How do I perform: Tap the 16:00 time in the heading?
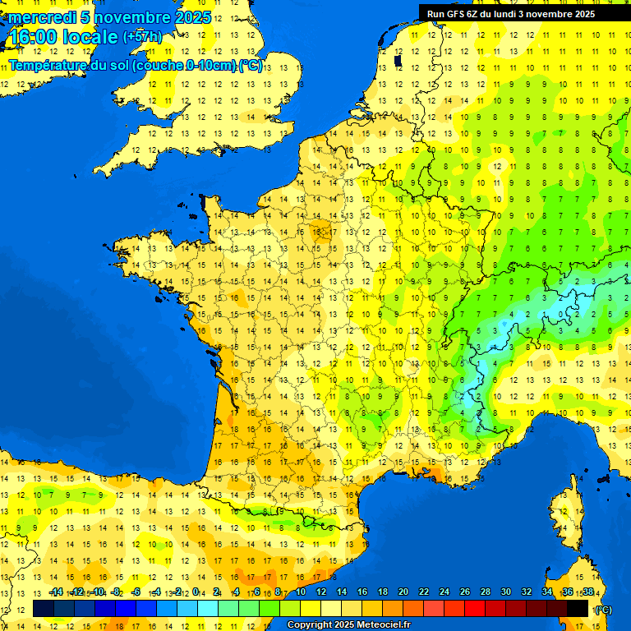(x=32, y=36)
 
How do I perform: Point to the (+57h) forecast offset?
(x=142, y=37)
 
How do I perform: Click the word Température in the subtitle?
(x=50, y=66)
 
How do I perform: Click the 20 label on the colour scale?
(x=403, y=592)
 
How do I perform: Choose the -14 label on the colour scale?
(x=56, y=592)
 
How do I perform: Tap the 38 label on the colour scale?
(x=587, y=592)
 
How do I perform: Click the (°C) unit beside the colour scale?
(x=603, y=609)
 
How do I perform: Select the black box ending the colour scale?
(x=578, y=609)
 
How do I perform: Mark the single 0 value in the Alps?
(x=561, y=314)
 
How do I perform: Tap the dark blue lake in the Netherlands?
(x=398, y=60)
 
